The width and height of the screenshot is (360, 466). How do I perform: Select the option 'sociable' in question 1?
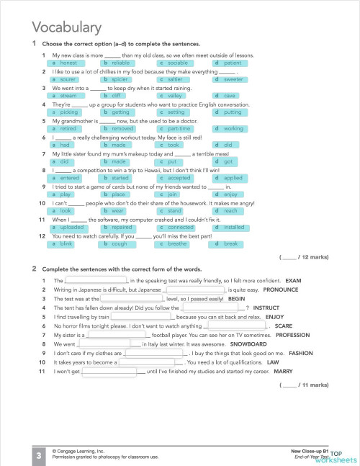pyautogui.click(x=173, y=63)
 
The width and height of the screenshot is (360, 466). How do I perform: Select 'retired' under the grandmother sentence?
pyautogui.click(x=68, y=128)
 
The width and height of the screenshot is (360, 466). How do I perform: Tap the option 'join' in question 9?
pyautogui.click(x=172, y=194)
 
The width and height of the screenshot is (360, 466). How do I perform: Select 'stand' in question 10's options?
pyautogui.click(x=174, y=210)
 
